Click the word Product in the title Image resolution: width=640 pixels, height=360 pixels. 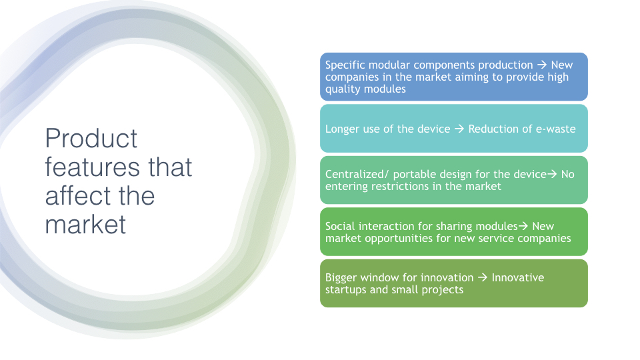[91, 139]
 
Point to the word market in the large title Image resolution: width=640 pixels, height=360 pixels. [85, 225]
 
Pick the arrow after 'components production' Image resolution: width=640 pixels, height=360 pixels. [541, 65]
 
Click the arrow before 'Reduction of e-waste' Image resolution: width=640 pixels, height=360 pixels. [459, 129]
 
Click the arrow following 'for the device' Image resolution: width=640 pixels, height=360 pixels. [552, 174]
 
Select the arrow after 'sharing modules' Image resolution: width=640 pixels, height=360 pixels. [523, 226]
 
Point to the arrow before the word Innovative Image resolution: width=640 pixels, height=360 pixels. [483, 277]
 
